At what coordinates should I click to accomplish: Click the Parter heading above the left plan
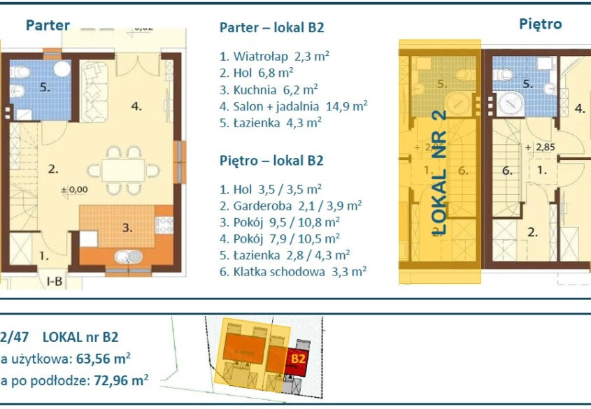pos(48,26)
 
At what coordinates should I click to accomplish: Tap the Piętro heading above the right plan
pos(540,24)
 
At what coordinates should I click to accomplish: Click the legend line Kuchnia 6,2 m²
pos(269,89)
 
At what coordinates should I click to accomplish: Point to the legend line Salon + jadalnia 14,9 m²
pos(293,106)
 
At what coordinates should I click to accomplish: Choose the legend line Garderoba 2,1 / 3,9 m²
pos(290,206)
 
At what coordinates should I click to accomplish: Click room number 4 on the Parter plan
pos(136,107)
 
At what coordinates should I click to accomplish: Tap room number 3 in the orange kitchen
pos(127,227)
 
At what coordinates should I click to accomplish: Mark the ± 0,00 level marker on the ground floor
pos(73,189)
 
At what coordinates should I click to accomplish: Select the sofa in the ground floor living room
pos(95,92)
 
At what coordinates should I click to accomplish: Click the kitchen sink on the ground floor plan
pos(127,257)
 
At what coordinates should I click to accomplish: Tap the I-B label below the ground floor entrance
pos(55,282)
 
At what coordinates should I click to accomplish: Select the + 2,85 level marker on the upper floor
pos(538,148)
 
